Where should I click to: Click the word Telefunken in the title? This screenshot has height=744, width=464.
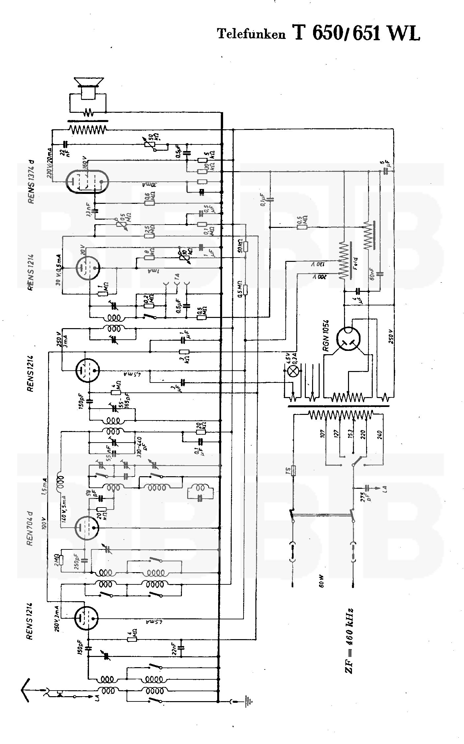tap(251, 34)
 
